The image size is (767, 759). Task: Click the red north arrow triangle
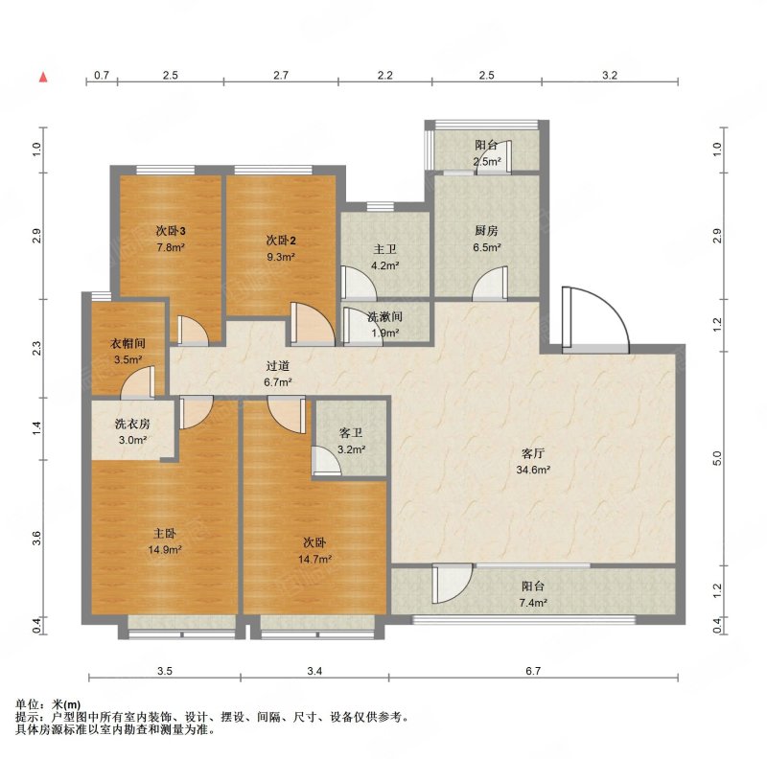(43, 77)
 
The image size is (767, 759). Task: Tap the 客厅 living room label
(533, 453)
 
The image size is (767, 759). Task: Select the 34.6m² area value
(533, 470)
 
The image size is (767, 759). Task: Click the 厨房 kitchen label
(486, 230)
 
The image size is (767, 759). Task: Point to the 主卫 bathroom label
(385, 249)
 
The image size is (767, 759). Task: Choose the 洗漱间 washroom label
(385, 317)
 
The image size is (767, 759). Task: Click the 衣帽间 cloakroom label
(128, 343)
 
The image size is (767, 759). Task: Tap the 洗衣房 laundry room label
(132, 424)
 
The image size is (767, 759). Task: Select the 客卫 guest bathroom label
(351, 433)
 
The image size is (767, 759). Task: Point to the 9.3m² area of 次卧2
(281, 257)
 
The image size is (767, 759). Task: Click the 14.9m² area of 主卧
(165, 550)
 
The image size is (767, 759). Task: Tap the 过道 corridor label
(278, 366)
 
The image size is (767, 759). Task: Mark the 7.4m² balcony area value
(533, 603)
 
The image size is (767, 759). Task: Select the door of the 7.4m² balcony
(452, 583)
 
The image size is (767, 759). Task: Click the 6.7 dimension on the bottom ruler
(533, 671)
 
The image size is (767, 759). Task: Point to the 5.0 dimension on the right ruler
(717, 458)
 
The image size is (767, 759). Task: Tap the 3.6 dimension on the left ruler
(37, 539)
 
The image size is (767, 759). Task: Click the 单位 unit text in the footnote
(28, 704)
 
